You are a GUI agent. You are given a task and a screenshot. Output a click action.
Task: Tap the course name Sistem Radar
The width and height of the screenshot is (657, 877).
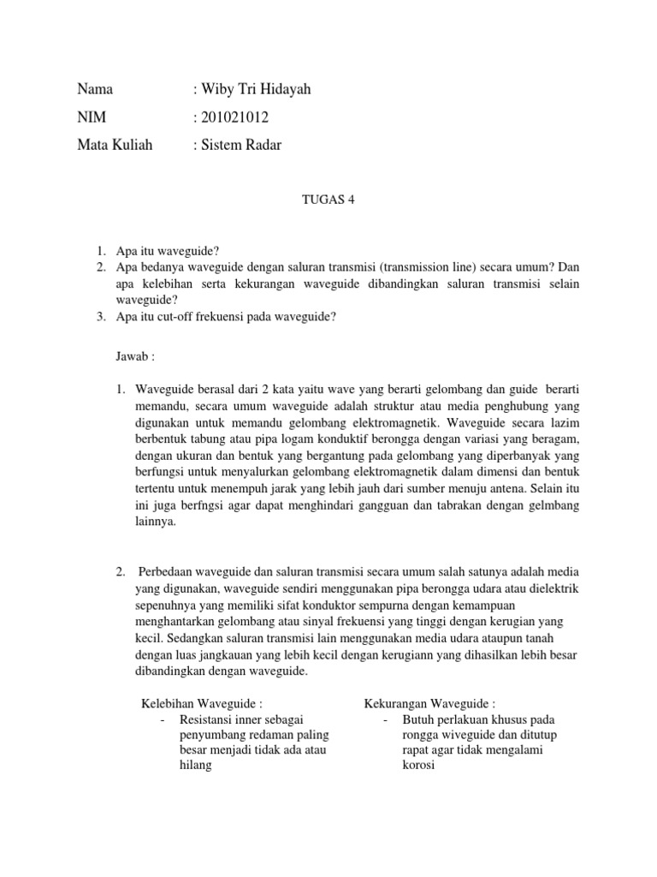pyautogui.click(x=240, y=146)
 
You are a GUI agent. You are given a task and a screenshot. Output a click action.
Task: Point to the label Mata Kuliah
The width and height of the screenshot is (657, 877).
pyautogui.click(x=115, y=146)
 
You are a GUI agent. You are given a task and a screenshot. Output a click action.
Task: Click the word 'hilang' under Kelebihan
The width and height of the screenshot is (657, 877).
pyautogui.click(x=194, y=767)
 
